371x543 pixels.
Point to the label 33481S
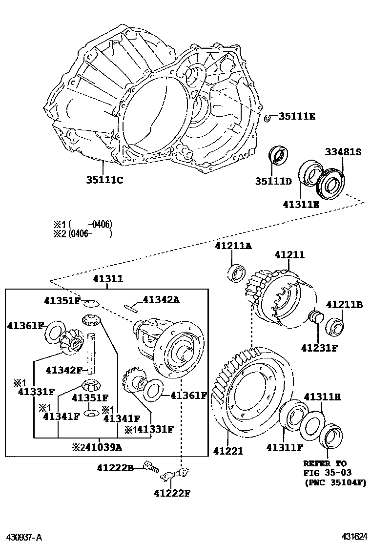point(343,152)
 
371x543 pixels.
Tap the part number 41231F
point(319,348)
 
